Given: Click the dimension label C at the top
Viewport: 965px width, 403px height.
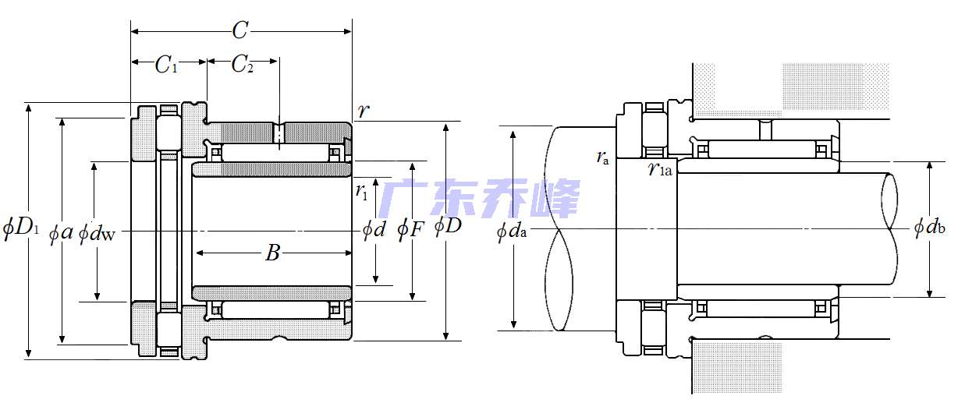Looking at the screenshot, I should (x=240, y=30).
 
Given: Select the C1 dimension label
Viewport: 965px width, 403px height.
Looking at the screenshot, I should (x=166, y=65).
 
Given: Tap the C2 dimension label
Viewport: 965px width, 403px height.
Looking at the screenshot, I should (x=243, y=65).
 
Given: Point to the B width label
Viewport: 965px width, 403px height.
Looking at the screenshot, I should (x=272, y=253).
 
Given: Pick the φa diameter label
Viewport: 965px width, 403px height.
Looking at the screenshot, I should (x=61, y=232).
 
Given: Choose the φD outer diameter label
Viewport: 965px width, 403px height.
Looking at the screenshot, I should (x=448, y=227).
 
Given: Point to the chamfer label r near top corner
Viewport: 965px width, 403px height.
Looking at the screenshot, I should (x=363, y=111).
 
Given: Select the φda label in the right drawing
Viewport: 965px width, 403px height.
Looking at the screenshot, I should (x=512, y=232).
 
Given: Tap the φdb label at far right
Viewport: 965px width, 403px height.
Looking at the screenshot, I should (x=930, y=228).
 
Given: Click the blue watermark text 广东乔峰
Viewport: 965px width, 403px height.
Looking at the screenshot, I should (x=481, y=198).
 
